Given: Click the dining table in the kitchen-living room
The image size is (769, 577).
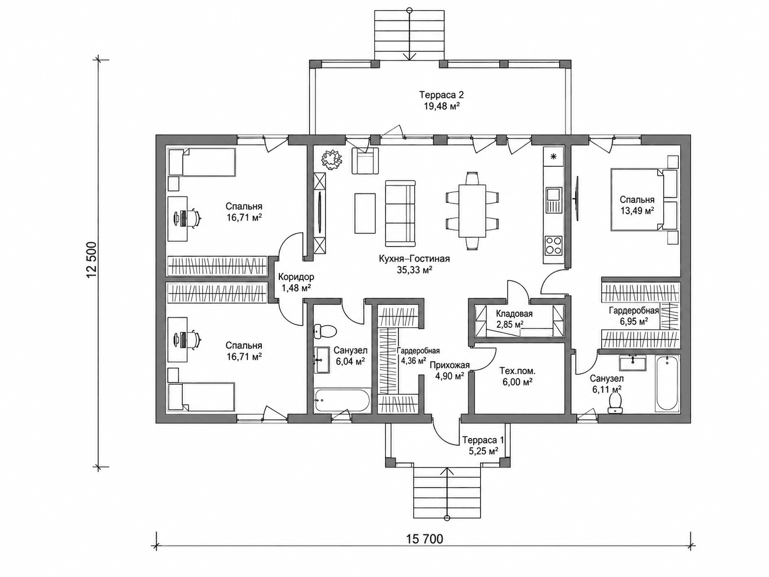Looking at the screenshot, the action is (472, 211).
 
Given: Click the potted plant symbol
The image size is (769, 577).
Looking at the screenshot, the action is (332, 160).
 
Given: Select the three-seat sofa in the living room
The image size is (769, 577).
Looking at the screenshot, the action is (400, 214).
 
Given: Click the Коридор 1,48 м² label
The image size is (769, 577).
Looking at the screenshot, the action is (296, 282).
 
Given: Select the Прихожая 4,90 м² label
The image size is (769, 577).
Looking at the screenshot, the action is (449, 371).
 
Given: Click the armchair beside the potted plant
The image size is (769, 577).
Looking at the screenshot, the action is (365, 160).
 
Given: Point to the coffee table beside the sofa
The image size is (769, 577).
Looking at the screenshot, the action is (365, 213).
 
